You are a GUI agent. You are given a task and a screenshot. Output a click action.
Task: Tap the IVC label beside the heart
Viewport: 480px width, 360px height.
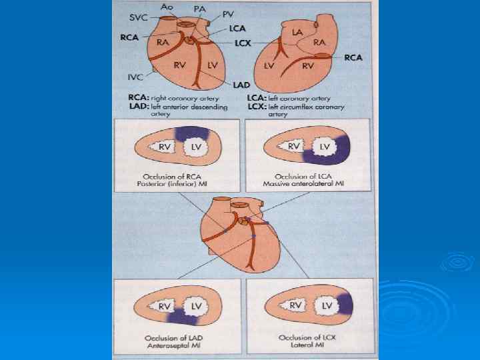point(135,77)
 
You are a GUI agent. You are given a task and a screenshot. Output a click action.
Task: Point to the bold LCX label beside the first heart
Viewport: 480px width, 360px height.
point(243,42)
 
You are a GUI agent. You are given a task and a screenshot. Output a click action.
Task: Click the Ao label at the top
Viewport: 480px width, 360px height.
point(167,6)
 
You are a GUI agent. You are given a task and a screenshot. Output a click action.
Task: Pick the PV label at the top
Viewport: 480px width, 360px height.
point(229,13)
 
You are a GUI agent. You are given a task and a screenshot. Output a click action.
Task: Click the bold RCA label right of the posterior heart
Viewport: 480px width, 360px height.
point(353,58)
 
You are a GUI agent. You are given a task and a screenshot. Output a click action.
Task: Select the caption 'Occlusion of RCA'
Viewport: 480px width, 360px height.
point(177,175)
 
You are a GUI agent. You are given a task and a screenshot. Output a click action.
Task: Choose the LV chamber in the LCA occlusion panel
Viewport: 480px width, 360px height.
point(325,146)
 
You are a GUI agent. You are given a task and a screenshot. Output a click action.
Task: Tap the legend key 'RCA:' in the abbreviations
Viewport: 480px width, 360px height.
point(139,97)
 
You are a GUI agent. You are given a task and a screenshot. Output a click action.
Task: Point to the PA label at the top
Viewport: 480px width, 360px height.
point(199,8)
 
